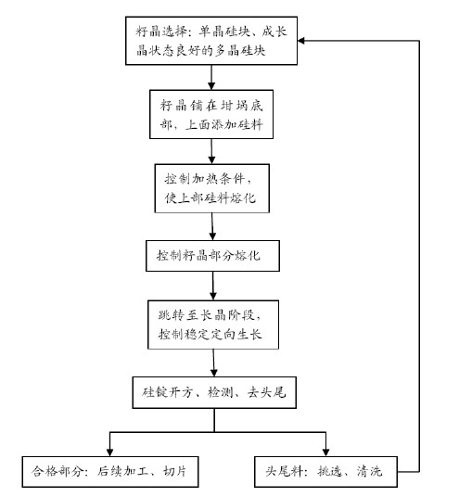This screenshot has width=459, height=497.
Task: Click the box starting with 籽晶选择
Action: point(211,41)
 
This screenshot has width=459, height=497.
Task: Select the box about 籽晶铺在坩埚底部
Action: point(211,114)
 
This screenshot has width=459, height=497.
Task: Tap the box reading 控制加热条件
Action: point(212,188)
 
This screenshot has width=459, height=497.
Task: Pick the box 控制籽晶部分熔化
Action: point(212,256)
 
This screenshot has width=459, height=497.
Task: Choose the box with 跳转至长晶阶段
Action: point(213,325)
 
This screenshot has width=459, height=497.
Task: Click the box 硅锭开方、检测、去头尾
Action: point(214,392)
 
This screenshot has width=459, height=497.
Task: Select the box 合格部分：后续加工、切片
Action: point(110,472)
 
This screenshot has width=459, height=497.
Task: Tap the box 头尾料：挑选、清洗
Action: point(325,472)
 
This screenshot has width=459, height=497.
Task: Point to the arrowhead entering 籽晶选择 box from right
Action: point(301,41)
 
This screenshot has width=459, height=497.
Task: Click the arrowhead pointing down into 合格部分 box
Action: point(110,452)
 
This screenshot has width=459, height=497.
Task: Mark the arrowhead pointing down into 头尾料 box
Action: point(325,452)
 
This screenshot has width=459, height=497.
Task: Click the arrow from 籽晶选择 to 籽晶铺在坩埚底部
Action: point(211,78)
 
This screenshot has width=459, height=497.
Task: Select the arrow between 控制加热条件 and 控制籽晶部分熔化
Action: point(212,226)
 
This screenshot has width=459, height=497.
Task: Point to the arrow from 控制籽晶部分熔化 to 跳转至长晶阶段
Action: point(213,286)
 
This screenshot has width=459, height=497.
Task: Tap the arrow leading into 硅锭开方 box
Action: point(214,363)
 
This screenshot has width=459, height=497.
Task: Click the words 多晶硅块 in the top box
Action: point(240,51)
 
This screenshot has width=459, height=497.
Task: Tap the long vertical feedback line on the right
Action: point(420,256)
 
